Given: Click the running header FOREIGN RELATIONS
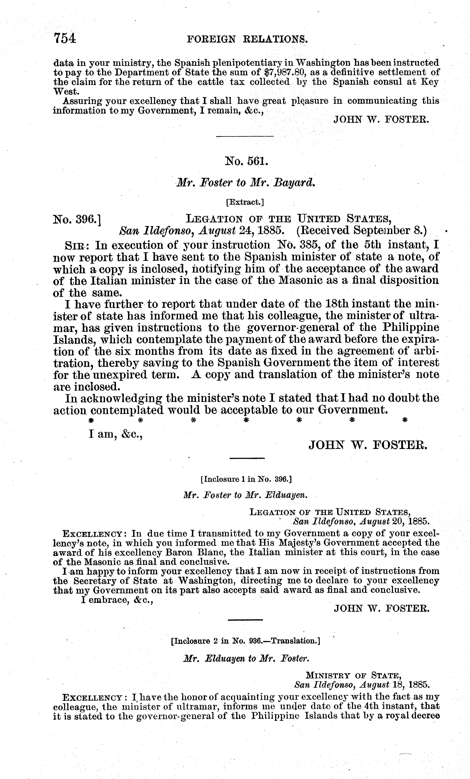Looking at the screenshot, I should [247, 39].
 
